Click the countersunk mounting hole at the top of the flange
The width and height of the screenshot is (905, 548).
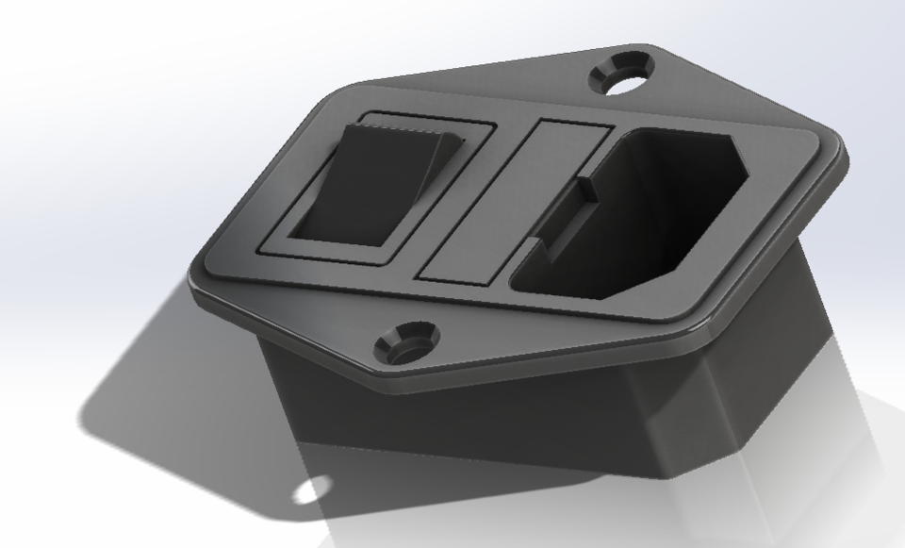(x=622, y=75)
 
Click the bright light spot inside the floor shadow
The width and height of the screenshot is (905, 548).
(x=312, y=490)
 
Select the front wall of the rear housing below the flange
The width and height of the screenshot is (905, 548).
(x=452, y=415)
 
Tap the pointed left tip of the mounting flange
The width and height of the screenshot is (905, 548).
(x=196, y=283)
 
